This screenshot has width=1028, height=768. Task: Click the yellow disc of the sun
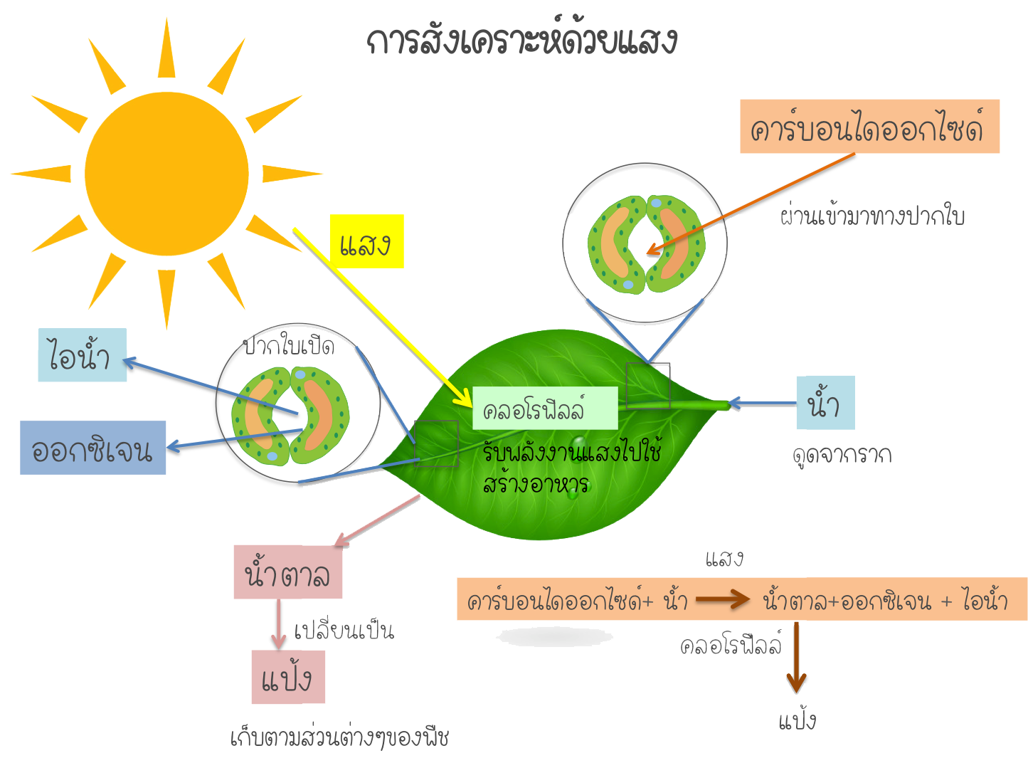pos(166,174)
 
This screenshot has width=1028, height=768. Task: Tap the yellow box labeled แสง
pos(366,242)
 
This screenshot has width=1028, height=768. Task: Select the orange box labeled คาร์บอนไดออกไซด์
pos(869,127)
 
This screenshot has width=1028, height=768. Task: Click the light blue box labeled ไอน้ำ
pos(82,354)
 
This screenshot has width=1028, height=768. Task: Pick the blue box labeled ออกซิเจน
pos(92,448)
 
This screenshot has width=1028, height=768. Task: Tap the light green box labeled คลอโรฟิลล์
pos(544,409)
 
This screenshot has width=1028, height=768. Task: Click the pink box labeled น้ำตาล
pos(287,572)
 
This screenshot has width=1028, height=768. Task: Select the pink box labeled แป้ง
pos(288,677)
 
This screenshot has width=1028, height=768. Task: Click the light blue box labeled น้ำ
pos(825,403)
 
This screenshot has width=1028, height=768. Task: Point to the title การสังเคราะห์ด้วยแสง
pos(522,41)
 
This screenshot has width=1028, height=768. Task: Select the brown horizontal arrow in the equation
pos(723,599)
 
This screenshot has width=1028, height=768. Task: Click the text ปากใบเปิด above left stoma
pos(289,347)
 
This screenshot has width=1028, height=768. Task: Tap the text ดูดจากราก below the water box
pos(842,454)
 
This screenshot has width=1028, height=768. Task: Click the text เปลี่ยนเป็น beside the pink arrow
pos(344,630)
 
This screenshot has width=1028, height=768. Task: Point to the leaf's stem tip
pos(724,405)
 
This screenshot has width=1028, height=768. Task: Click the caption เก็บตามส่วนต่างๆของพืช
pos(340,737)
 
